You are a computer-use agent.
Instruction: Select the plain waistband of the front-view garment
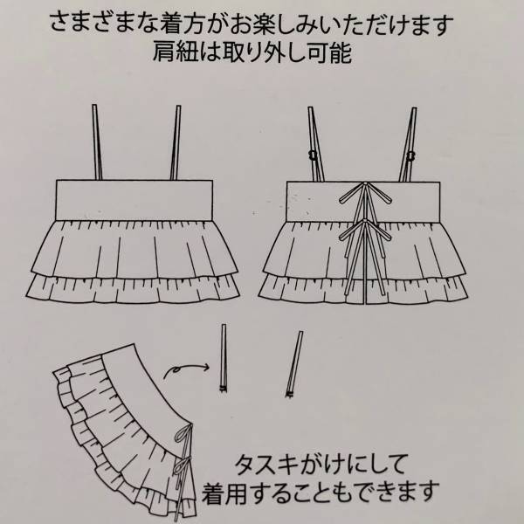pyautogui.click(x=138, y=200)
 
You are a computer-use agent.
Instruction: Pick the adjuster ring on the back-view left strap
pyautogui.click(x=312, y=155)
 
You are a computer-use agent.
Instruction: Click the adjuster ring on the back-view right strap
pyautogui.click(x=410, y=155)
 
